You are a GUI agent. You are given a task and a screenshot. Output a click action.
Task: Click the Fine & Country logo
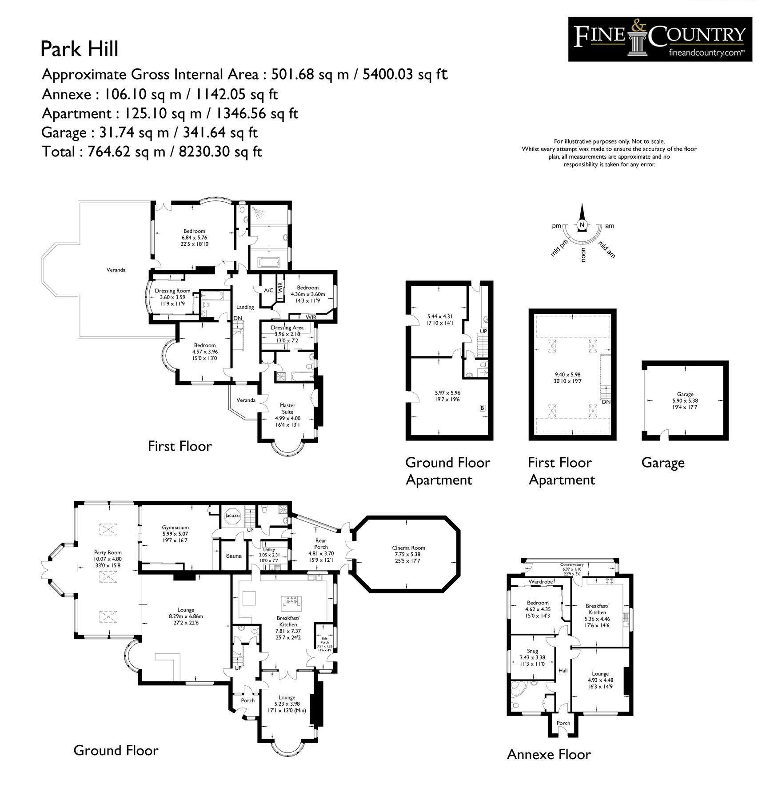tap(660, 39)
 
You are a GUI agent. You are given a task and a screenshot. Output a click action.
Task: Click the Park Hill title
tap(80, 49)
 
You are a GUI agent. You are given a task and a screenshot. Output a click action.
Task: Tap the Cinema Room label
tap(408, 548)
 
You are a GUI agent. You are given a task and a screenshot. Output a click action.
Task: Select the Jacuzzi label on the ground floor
tap(232, 516)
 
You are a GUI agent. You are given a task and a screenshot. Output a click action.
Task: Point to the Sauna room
tap(234, 556)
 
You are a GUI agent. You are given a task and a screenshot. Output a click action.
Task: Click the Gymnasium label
tap(175, 528)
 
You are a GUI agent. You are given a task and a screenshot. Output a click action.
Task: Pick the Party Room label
tap(108, 552)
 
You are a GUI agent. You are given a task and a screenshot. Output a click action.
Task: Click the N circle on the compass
tap(582, 225)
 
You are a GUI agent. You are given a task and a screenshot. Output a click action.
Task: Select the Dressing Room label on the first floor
tap(172, 291)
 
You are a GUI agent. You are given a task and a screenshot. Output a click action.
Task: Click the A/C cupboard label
tap(268, 291)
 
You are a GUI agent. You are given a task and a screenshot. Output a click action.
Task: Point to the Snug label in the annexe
tap(532, 651)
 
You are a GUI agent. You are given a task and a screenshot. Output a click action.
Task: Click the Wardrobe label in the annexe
tap(540, 581)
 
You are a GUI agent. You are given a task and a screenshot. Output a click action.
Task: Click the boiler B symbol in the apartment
tap(482, 408)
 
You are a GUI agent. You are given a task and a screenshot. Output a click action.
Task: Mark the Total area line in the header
tap(152, 152)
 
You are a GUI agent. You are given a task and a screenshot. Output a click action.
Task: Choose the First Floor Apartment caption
tap(561, 471)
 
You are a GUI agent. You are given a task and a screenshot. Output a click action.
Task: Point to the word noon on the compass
tap(584, 254)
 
